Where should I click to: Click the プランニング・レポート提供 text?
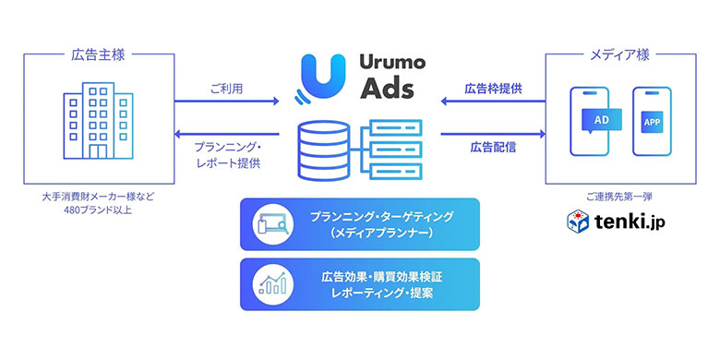pyautogui.click(x=227, y=154)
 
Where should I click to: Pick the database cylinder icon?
pyautogui.click(x=319, y=148)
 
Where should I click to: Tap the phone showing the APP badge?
pyautogui.click(x=651, y=121)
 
